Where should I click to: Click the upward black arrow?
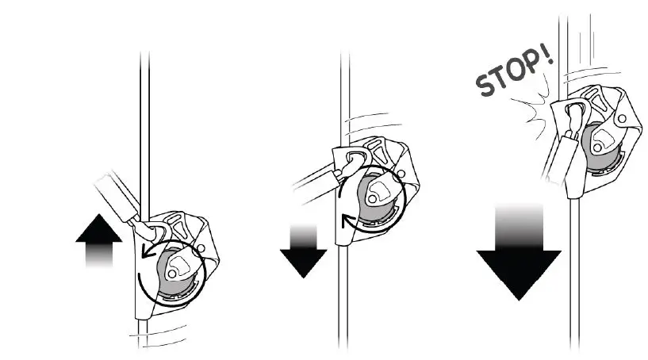(102, 243)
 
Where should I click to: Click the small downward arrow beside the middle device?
(302, 251)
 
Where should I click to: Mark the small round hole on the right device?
(624, 120)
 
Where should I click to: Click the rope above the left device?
(144, 119)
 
